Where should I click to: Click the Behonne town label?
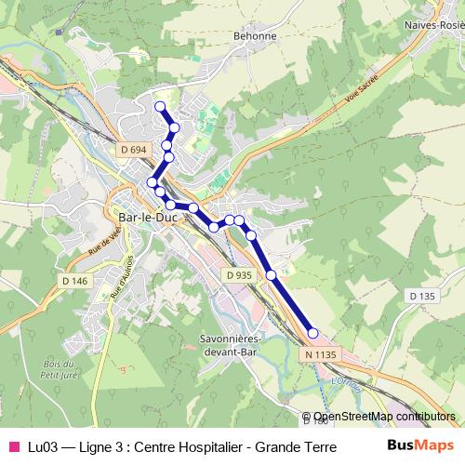tap(258, 36)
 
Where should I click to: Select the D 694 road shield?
tap(133, 149)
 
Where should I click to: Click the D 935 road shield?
tap(238, 274)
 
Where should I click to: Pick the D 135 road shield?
tap(421, 296)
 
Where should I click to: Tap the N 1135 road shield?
tap(318, 354)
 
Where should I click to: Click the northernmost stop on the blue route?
tap(160, 106)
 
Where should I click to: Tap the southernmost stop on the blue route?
tap(313, 333)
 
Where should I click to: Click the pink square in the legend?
tap(13, 445)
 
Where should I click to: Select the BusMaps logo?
tap(421, 445)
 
